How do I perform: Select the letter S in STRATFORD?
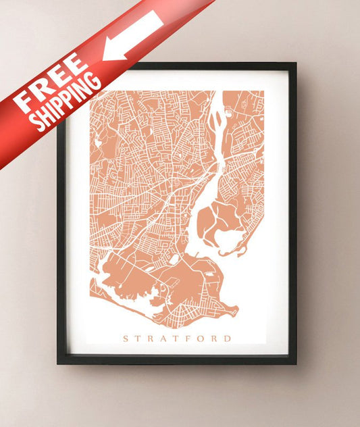(x=125, y=338)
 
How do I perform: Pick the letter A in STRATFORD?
(x=165, y=338)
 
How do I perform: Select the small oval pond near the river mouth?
(x=174, y=259)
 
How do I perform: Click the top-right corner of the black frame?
(x=296, y=64)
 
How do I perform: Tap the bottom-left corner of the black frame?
(x=58, y=363)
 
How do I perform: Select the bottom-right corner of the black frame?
(x=296, y=363)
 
